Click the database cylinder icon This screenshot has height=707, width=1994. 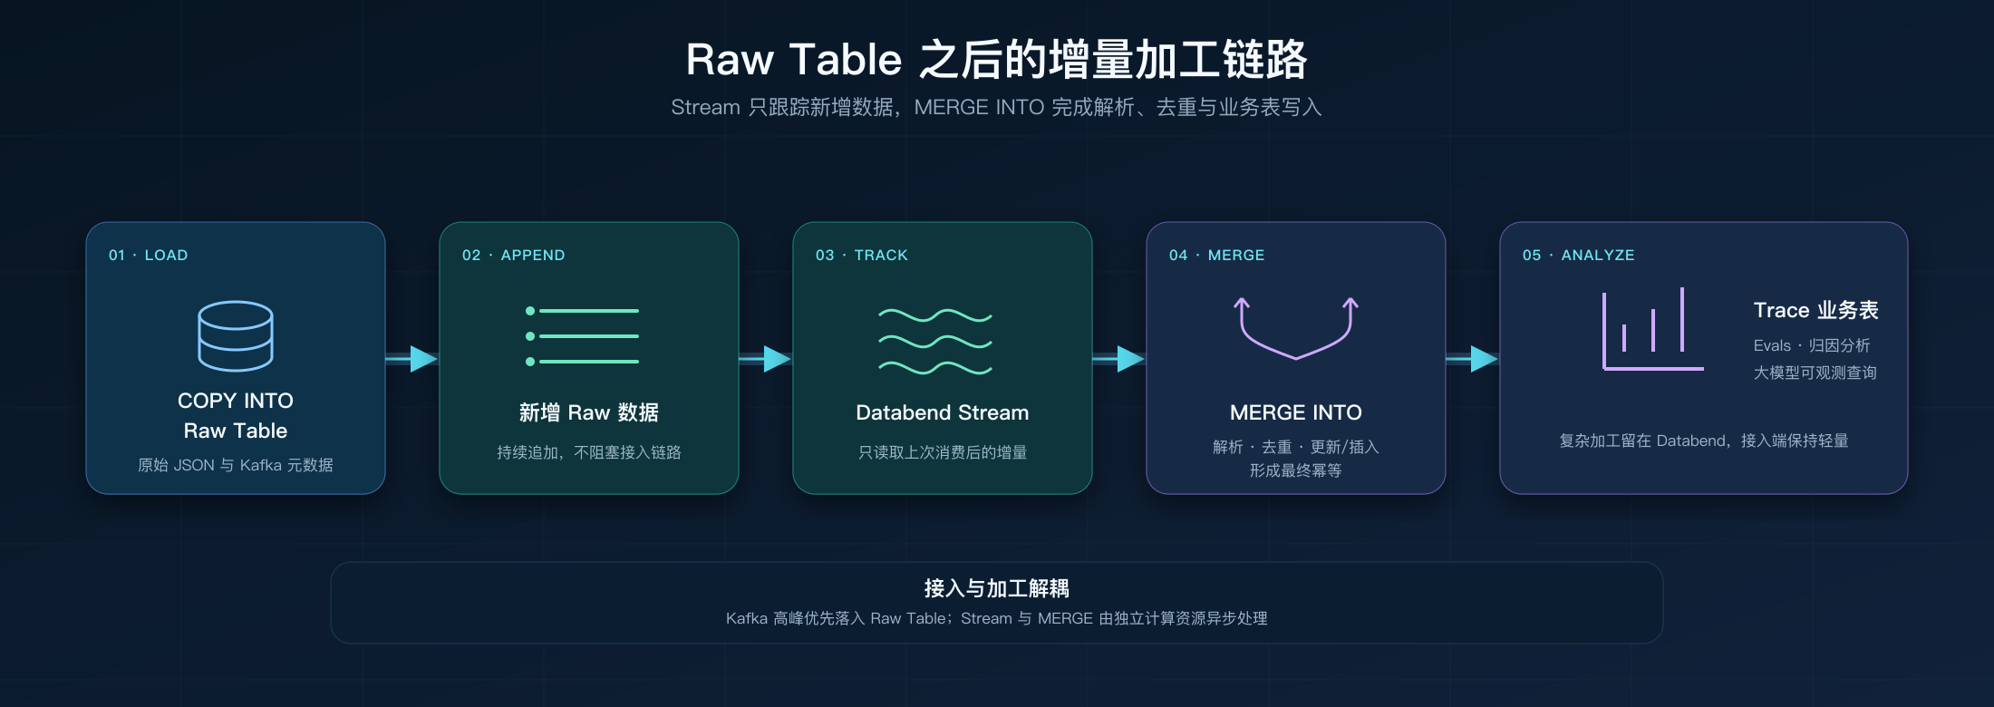(236, 335)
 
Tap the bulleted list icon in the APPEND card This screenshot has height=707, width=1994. (582, 336)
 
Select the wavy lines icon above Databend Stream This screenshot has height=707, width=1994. (935, 342)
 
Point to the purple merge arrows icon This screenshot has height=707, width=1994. (1296, 328)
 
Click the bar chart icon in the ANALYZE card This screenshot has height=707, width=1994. (1652, 329)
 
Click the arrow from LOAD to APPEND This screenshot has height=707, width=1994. (412, 359)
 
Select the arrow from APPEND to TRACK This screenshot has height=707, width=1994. (766, 359)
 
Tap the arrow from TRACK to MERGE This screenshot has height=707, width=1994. (1119, 359)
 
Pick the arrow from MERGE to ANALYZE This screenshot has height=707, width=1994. (1473, 359)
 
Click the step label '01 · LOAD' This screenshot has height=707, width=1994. (149, 256)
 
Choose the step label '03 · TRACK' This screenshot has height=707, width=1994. (862, 256)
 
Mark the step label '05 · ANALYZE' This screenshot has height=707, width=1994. (1579, 256)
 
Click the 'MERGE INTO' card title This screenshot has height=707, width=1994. (1296, 412)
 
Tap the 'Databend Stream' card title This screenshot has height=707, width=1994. (943, 412)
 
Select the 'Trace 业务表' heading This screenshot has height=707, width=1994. (1816, 310)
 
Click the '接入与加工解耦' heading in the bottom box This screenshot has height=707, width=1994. (997, 588)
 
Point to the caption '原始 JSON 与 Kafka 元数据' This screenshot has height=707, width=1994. (236, 465)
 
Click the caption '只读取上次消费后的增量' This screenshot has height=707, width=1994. (943, 452)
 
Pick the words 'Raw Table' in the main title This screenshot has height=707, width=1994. (794, 60)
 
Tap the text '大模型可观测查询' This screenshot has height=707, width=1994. (1815, 373)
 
